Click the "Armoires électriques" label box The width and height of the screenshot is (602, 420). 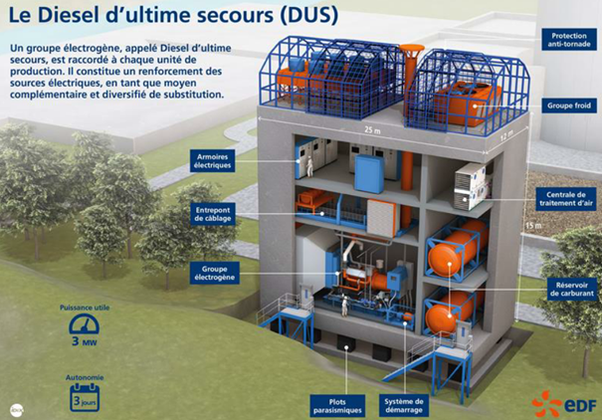214,160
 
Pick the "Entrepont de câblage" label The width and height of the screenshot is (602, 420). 213,214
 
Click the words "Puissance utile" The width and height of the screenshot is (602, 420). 85,308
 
